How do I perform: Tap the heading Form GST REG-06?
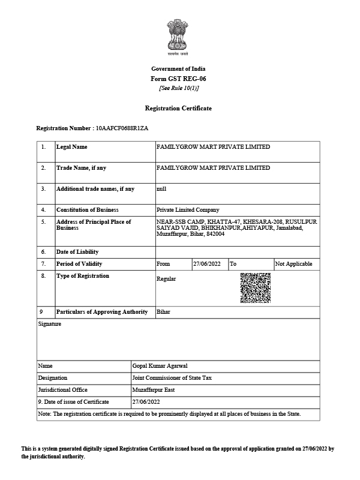point(178,79)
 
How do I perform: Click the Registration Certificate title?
point(178,108)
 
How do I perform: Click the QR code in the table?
point(255,287)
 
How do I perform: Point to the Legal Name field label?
point(71,147)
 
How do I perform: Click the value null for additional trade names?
point(161,189)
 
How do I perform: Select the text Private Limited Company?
point(188,210)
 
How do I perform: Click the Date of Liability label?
point(77,252)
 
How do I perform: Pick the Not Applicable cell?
point(294,264)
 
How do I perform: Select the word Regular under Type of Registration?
point(166,279)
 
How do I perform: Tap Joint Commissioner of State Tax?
point(172,378)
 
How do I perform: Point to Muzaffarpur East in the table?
point(153,390)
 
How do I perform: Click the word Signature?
point(49,324)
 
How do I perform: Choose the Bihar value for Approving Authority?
point(163,312)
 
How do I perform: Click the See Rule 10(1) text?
point(178,88)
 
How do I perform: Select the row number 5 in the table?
point(43,222)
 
